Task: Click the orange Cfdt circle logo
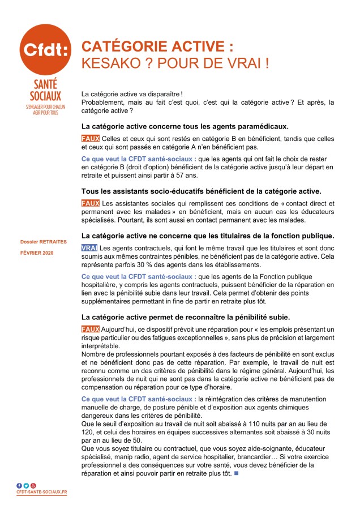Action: pos(45,49)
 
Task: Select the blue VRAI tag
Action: pos(89,249)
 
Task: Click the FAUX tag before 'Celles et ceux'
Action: pos(90,139)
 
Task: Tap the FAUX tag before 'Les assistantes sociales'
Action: pos(90,202)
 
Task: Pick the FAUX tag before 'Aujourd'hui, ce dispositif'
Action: pos(90,329)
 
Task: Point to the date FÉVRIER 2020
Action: pos(37,253)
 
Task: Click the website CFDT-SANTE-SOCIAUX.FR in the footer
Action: pos(42,492)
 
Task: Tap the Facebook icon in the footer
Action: pos(19,485)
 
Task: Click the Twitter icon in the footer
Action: pos(26,485)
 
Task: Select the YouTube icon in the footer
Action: pos(33,485)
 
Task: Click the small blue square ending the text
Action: pos(235,473)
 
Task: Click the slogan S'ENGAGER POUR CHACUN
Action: pos(45,106)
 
